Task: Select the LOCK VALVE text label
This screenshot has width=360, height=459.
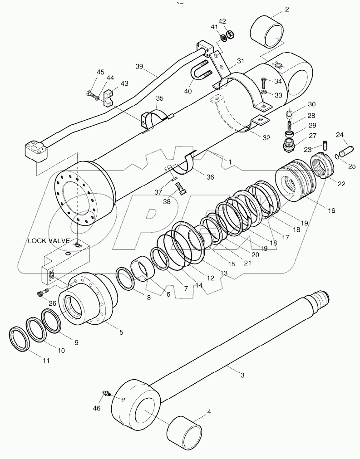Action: coord(49,240)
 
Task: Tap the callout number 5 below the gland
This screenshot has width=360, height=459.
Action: coord(121,332)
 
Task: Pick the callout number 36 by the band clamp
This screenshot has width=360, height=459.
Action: coord(209,177)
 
